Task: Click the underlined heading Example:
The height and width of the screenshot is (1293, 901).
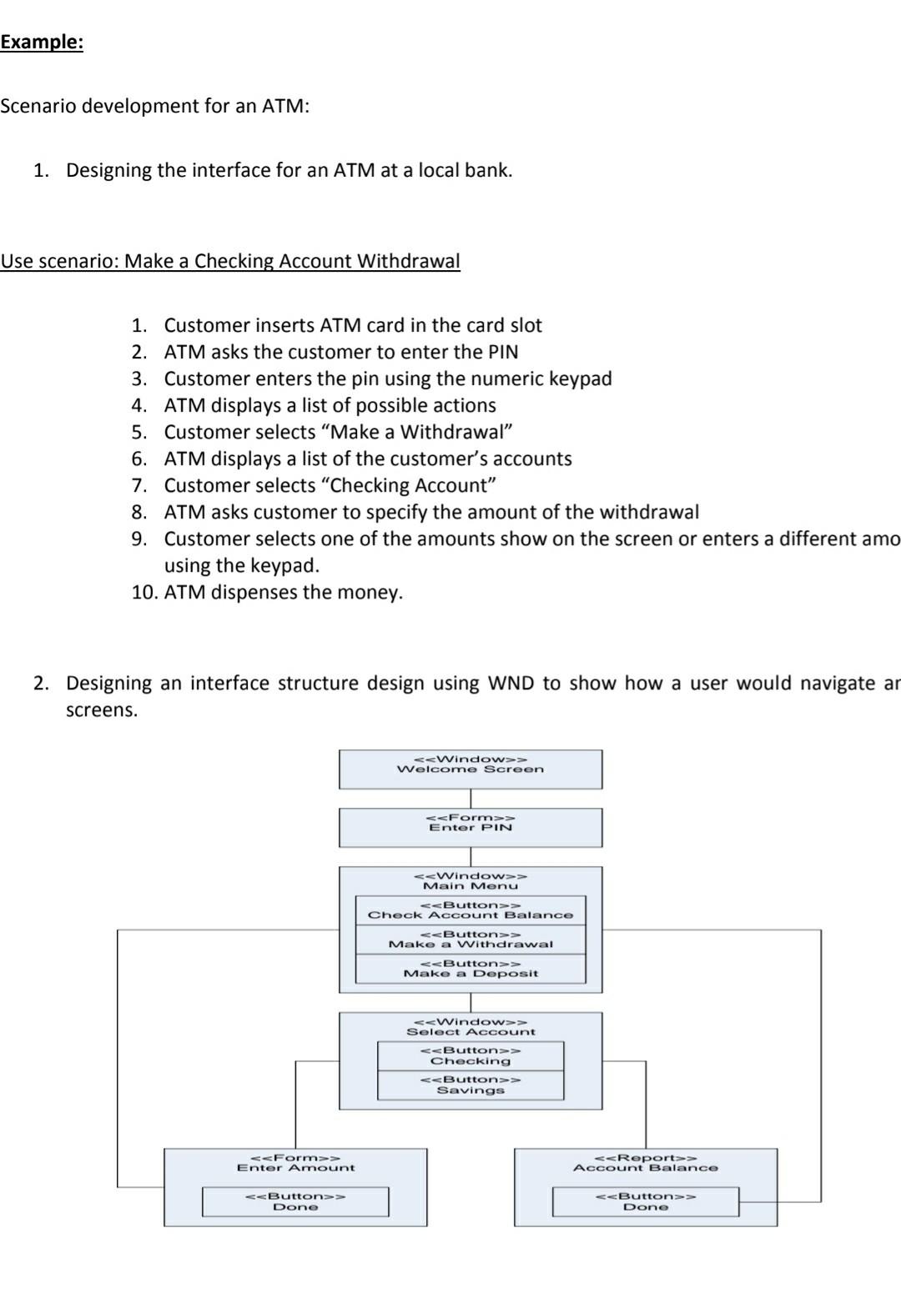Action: [42, 43]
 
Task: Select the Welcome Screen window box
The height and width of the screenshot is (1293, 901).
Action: [470, 769]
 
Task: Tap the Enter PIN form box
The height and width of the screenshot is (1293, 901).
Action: [470, 827]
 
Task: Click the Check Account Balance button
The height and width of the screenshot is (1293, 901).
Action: [471, 910]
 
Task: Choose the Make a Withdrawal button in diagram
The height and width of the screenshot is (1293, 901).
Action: [471, 940]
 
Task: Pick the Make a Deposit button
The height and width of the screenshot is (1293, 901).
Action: [471, 969]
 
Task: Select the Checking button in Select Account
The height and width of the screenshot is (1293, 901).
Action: [471, 1056]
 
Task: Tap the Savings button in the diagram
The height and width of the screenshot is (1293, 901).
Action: [471, 1085]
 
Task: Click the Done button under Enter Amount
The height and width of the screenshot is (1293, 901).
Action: [295, 1201]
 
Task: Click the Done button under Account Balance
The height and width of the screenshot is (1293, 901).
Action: [646, 1201]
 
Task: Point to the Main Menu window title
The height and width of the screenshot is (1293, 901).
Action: [471, 881]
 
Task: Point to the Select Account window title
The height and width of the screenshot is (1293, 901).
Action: [471, 1027]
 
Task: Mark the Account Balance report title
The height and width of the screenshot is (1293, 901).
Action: [645, 1163]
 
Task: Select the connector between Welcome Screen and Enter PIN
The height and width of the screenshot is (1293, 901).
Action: [471, 799]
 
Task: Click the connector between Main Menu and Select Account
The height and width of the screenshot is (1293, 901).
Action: [471, 1002]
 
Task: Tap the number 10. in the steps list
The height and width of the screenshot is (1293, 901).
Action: [142, 593]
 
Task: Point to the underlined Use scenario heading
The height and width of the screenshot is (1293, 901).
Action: [230, 261]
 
